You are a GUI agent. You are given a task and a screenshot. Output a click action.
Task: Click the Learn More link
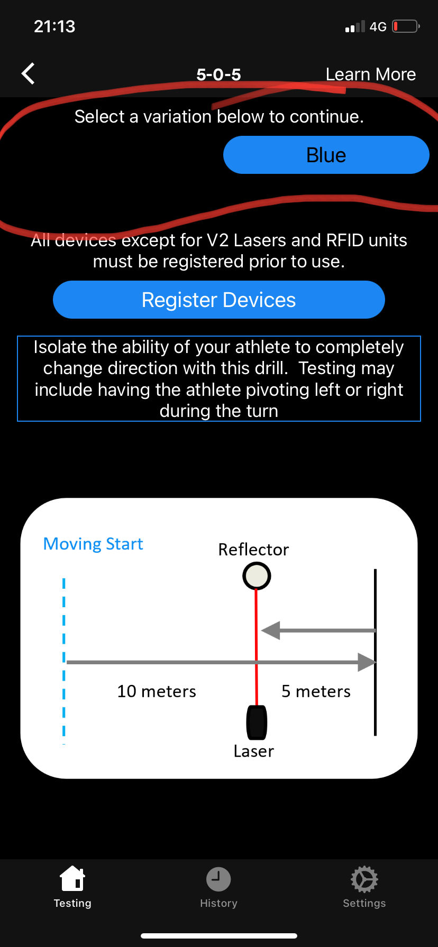coord(370,75)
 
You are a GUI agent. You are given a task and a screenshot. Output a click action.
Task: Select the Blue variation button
coord(326,155)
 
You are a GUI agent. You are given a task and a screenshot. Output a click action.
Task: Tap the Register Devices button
coord(218,300)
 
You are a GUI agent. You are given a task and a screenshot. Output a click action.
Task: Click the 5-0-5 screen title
coord(218,75)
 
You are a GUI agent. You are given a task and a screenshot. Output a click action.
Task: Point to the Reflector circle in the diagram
coord(257,576)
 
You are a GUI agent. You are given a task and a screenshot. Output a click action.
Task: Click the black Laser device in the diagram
coord(257,722)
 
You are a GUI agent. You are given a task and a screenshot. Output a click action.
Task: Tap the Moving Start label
coord(93,544)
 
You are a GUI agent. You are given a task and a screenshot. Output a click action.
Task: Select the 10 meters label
coord(157,691)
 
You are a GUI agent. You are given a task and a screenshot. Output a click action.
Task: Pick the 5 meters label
coord(316,691)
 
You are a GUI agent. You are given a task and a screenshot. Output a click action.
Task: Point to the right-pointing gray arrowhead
coord(367,662)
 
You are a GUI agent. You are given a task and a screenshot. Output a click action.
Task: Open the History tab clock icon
coord(218,879)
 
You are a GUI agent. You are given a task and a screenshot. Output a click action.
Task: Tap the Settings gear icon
coord(364,879)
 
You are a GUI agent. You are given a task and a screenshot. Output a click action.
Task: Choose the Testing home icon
coord(72,879)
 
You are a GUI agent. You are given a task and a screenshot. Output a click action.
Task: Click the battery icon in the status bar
coord(405,26)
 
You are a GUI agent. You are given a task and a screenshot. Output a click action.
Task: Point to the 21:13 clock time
coord(54,26)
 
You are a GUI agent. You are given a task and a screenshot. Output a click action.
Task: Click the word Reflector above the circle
coord(253,550)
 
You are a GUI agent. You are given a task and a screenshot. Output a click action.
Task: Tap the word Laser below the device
coord(254,751)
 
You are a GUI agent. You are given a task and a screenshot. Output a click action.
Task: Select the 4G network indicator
coord(378,26)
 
